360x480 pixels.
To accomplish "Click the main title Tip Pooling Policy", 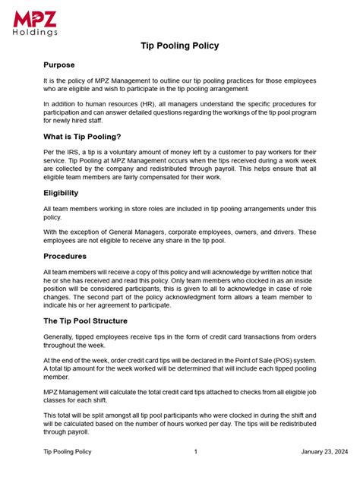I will [180, 46].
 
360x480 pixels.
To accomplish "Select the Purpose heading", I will [59, 65].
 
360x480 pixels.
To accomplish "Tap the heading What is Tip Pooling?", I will [84, 137].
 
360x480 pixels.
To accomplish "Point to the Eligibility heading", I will [61, 193].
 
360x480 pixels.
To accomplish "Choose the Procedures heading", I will [65, 256].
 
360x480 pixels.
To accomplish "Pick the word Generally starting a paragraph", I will [62, 336].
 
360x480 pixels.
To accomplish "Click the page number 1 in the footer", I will [196, 451].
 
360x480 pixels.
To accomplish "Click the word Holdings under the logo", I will [35, 33].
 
